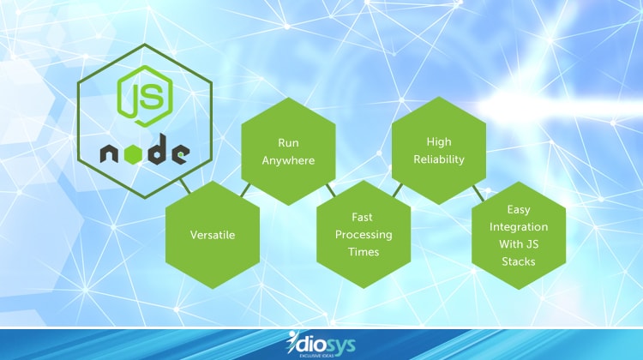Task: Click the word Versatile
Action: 212,233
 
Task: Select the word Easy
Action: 517,207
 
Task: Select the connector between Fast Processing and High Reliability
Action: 396,189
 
